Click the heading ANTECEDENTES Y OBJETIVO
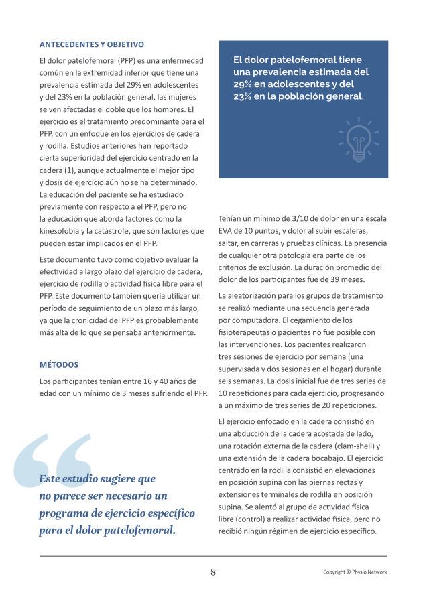pos(92,45)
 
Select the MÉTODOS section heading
pos(59,365)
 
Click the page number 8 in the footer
pos(213,572)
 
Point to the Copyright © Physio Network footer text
pos(355,572)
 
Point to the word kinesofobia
pos(64,230)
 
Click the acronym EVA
pos(227,230)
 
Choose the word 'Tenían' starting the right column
pos(231,218)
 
